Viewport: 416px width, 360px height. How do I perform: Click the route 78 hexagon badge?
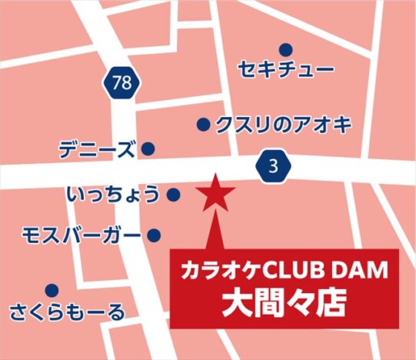121,84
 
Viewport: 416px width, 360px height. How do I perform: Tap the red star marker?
216,195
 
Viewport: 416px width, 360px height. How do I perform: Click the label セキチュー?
286,71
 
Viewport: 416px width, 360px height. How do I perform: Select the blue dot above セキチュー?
286,49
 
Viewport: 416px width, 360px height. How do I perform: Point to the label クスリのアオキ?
283,124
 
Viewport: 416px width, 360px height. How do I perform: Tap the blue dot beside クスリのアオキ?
204,124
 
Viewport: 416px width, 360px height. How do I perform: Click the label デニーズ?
97,149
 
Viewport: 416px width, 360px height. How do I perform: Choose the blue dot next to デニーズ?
148,148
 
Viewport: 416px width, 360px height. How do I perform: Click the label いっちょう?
114,195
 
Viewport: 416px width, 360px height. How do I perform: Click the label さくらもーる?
67,312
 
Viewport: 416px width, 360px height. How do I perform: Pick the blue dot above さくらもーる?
52,291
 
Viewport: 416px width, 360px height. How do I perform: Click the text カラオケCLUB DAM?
284,270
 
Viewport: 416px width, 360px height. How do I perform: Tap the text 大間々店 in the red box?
284,302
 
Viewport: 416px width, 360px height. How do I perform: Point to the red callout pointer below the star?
216,231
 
